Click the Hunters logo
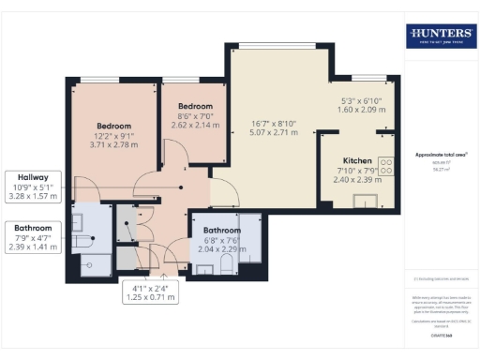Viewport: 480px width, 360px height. tap(441, 37)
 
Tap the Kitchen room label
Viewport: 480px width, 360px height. tap(358, 161)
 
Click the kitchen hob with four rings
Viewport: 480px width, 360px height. tap(385, 166)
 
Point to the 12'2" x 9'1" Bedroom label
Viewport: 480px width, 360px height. tap(113, 126)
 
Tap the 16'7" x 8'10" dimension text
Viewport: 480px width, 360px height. tap(274, 123)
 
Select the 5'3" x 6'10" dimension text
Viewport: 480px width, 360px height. tap(360, 102)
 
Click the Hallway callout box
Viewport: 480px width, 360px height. tap(35, 187)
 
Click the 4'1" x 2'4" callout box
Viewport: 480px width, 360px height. tap(151, 292)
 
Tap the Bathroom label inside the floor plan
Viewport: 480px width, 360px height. tap(222, 230)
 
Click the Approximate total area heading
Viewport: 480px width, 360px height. tap(441, 155)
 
